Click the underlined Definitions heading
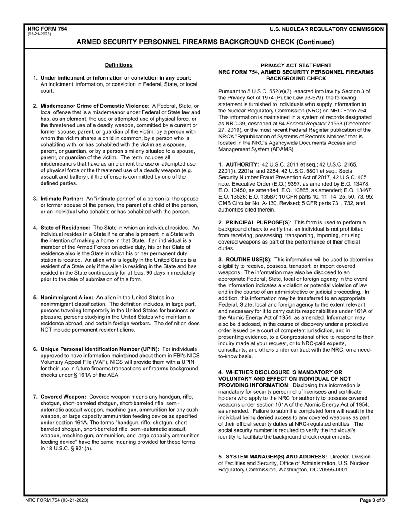119,65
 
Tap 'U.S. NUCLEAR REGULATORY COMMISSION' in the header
327,29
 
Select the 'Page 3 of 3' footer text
372,500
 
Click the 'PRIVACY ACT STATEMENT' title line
296,65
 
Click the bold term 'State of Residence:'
65,228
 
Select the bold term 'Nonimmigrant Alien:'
67,298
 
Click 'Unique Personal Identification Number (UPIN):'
100,349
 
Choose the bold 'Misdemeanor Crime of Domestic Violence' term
94,106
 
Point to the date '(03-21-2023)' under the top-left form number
39,34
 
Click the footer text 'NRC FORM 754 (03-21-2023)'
57,500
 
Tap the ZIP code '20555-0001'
334,470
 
